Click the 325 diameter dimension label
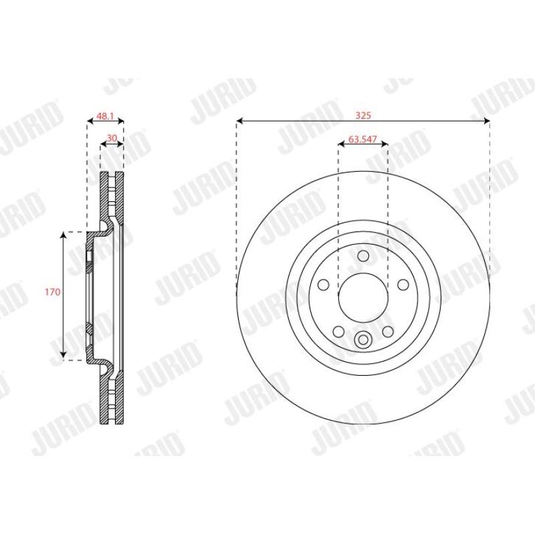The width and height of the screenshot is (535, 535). click(x=363, y=115)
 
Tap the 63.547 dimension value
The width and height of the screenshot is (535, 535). click(x=362, y=139)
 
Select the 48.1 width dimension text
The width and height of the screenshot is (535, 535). click(x=105, y=116)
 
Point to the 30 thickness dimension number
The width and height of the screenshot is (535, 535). click(x=112, y=138)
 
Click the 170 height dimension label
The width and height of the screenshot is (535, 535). click(x=53, y=292)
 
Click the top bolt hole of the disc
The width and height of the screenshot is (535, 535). click(x=363, y=255)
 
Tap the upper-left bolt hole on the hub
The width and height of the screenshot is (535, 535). click(x=323, y=285)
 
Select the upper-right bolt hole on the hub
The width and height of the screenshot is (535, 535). click(x=403, y=285)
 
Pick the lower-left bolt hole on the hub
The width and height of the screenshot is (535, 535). click(x=338, y=331)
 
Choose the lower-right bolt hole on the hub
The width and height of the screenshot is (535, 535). click(x=388, y=331)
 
